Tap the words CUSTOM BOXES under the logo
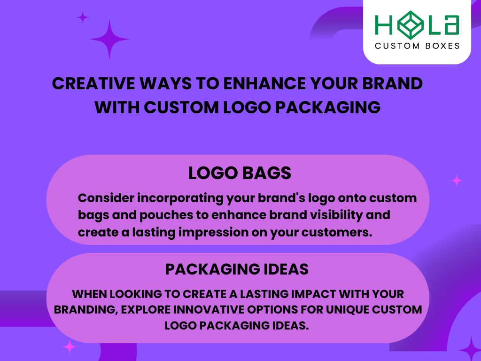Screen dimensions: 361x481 [x=417, y=46]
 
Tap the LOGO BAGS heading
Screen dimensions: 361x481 [x=240, y=173]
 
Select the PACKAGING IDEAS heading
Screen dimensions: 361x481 [x=237, y=269]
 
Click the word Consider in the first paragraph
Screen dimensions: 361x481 [x=106, y=198]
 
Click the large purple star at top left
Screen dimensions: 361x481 [x=109, y=39]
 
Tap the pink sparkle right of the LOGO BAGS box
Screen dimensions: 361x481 [x=456, y=180]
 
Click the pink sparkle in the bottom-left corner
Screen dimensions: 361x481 [x=70, y=347]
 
